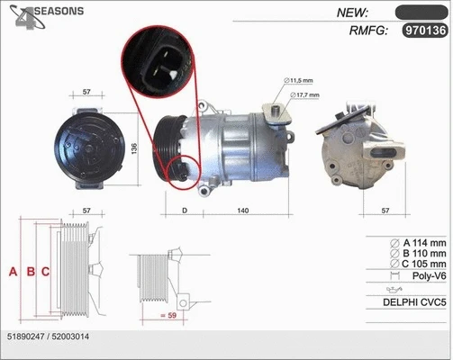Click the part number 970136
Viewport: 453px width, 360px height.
coord(424,31)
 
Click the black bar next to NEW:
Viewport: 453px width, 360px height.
coord(421,12)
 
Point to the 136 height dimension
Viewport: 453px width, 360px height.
coord(135,148)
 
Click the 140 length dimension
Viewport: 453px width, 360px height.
coord(243,210)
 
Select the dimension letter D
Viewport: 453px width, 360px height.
coord(185,210)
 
